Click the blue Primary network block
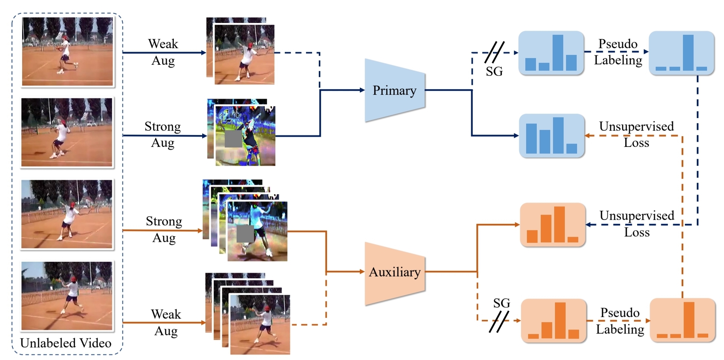click(x=394, y=90)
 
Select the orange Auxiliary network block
click(x=394, y=273)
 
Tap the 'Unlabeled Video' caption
click(x=66, y=343)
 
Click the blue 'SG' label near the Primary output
click(x=494, y=71)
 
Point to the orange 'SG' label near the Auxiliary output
click(x=501, y=303)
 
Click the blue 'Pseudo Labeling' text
click(x=618, y=52)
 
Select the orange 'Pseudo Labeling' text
click(x=620, y=321)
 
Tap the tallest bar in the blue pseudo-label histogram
click(x=688, y=52)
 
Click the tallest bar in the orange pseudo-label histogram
click(x=689, y=320)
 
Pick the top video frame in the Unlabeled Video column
click(x=68, y=51)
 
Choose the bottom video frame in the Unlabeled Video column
click(x=67, y=296)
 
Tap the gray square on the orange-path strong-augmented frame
click(x=245, y=234)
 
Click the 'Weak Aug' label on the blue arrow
click(x=163, y=52)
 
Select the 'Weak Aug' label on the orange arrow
click(x=166, y=322)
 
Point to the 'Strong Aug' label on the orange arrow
click(x=164, y=229)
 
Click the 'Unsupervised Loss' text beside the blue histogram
click(x=636, y=134)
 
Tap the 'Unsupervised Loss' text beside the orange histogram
click(x=637, y=223)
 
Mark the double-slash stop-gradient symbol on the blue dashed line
click(x=494, y=52)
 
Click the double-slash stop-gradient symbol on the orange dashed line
click(x=499, y=321)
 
